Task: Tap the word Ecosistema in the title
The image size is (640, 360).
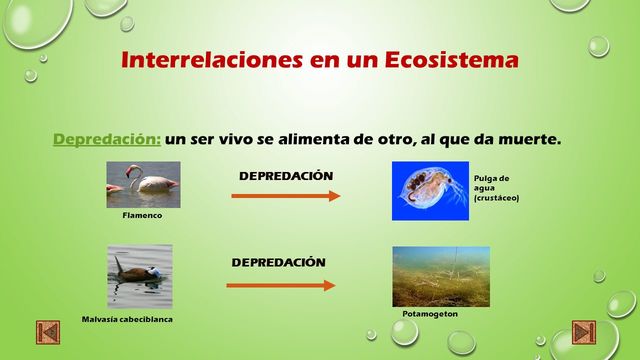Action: coord(456,59)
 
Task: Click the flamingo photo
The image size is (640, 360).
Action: coord(143,184)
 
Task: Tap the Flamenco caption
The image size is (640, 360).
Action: coord(142,215)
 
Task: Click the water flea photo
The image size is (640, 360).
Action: coord(429,191)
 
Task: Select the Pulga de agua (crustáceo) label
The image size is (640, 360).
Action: coord(497,187)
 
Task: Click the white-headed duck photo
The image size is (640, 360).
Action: coord(140,276)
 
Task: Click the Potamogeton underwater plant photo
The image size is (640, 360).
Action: coord(440,276)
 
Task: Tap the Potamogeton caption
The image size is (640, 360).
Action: coord(430,314)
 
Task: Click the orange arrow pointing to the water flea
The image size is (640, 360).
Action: coord(286,196)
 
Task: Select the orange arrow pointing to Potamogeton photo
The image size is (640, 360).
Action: coord(281,286)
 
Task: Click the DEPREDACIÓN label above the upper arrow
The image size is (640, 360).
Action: coord(286,176)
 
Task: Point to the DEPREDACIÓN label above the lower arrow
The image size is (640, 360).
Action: coord(279,262)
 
